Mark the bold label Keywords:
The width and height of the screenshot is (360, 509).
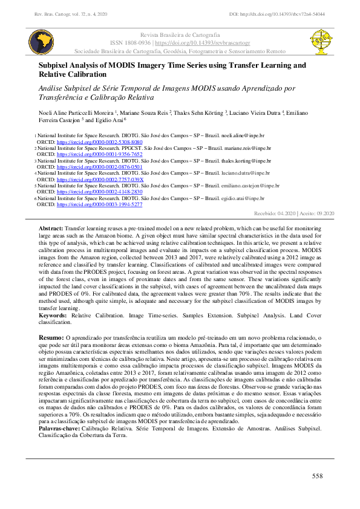tap(53, 316)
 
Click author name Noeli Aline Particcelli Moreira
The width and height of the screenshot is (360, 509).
tap(74, 112)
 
